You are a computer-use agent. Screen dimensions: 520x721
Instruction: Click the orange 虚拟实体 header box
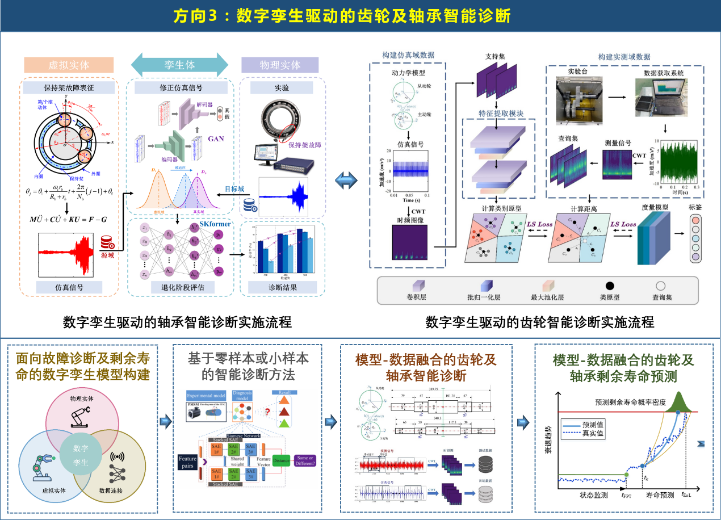69,65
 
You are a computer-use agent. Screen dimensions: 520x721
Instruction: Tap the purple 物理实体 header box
280,65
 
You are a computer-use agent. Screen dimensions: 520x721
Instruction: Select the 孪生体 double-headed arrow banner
179,65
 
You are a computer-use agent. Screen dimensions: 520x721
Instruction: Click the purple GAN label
215,138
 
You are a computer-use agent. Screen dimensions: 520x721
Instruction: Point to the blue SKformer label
215,224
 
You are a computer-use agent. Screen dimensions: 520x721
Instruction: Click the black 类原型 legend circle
609,286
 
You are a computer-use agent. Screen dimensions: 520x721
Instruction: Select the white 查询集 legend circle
660,286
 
